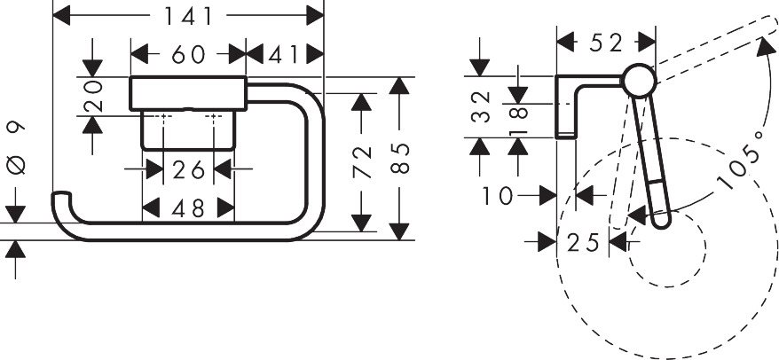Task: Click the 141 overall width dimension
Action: (189, 16)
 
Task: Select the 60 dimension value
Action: (189, 55)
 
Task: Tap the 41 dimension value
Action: (283, 55)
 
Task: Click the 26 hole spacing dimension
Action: (188, 168)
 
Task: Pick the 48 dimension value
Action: (188, 208)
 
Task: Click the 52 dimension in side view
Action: (606, 42)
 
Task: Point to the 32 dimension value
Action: (479, 107)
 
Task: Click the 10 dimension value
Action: (499, 195)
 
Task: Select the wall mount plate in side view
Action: (565, 106)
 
